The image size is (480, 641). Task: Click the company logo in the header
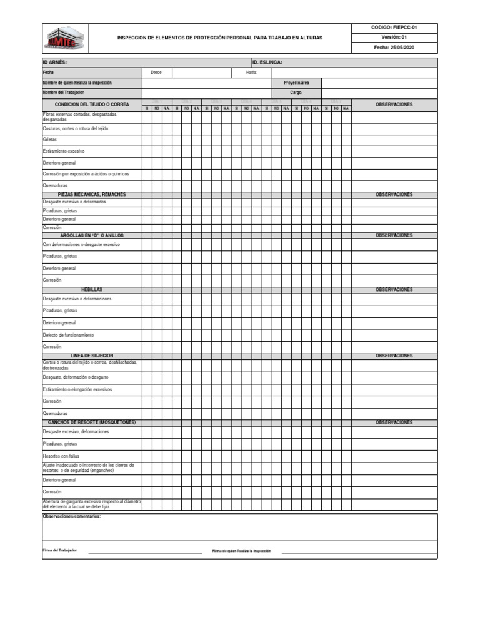[66, 38]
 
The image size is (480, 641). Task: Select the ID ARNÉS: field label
[55, 63]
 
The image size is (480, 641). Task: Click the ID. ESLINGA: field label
[267, 63]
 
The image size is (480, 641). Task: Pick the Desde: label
[157, 73]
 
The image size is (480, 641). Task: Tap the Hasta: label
[252, 73]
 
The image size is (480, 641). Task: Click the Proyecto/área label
[296, 83]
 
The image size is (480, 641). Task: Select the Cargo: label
[296, 93]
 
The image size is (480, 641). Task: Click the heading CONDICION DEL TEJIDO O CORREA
[92, 105]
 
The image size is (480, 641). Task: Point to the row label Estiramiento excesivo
[64, 151]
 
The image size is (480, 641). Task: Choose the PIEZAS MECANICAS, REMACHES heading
[92, 195]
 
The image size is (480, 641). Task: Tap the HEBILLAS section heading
[92, 290]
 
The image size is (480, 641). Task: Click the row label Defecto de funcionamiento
[68, 335]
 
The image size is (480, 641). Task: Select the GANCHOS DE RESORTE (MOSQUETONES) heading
[92, 423]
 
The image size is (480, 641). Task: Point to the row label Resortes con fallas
[61, 456]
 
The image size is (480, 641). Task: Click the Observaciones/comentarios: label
[71, 516]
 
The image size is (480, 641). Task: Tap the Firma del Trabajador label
[60, 550]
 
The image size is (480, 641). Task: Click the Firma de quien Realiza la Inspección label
[242, 551]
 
